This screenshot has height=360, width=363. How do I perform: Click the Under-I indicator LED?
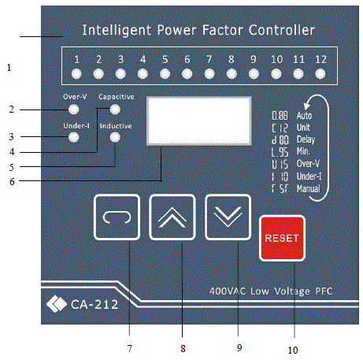point(73,137)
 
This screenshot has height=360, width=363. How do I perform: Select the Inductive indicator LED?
point(116,137)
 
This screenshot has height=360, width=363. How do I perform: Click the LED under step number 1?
point(76,74)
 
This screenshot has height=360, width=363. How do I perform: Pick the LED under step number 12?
point(320,74)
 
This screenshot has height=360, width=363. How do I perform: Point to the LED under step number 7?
point(209,74)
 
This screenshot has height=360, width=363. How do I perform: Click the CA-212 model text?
point(89,300)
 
